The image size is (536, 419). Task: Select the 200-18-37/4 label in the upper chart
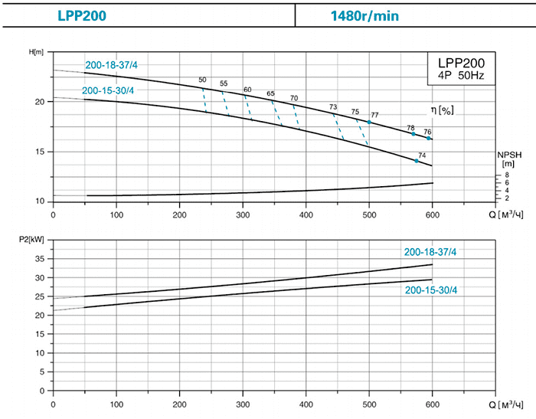[x=112, y=65]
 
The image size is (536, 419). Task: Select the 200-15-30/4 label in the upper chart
[x=107, y=91]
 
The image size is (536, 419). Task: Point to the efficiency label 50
[x=202, y=80]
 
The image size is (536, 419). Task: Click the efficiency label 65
[x=270, y=93]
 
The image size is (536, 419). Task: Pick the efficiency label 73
[x=332, y=106]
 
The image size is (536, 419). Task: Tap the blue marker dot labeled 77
[x=369, y=122]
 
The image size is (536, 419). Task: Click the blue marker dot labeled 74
[x=417, y=161]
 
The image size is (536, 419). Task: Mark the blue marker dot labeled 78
[x=413, y=134]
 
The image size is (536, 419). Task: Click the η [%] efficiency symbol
[x=442, y=110]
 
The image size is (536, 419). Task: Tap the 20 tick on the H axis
[x=41, y=102]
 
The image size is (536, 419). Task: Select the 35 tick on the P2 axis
[x=41, y=258]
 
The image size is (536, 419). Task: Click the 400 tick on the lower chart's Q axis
[x=306, y=404]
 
